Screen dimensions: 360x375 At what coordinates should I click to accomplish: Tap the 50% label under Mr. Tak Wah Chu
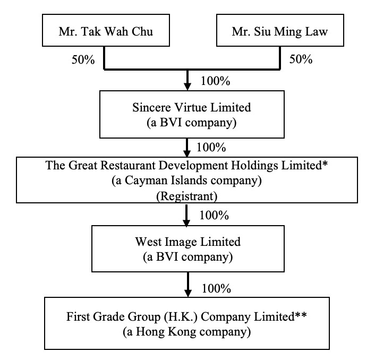(83, 59)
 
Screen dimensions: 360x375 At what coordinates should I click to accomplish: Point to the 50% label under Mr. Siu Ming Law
(300, 59)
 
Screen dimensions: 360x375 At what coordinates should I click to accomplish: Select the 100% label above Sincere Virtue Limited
(215, 82)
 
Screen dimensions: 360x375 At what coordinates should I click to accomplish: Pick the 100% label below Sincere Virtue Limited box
(211, 146)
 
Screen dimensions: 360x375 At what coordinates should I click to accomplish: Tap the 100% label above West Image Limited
(215, 216)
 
